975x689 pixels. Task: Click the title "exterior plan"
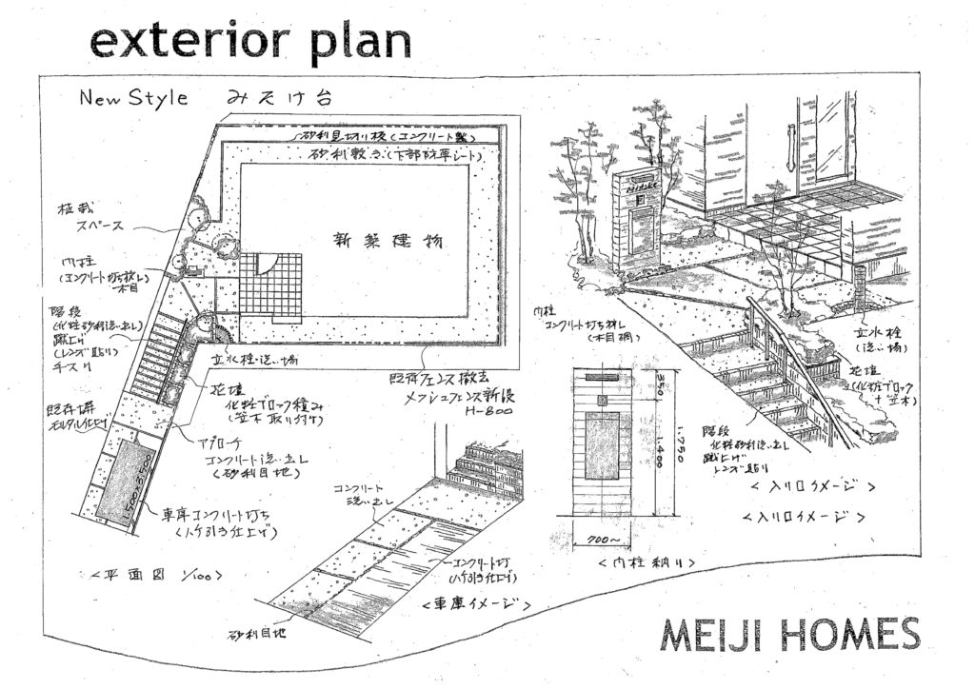[249, 42]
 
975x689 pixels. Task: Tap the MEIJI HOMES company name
[788, 636]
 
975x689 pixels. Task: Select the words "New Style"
[134, 98]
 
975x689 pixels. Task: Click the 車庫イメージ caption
[474, 603]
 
